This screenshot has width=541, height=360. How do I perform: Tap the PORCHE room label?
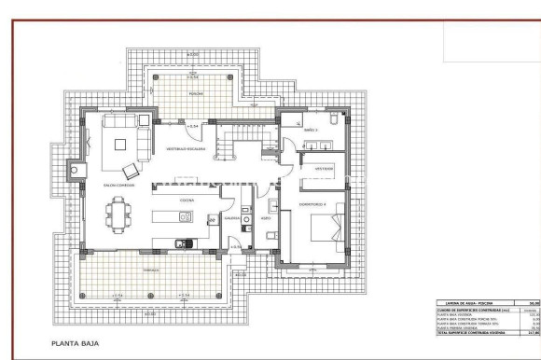click(196, 93)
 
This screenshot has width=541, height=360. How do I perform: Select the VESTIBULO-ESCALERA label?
click(186, 149)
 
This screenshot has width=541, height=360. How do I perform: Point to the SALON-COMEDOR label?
click(118, 185)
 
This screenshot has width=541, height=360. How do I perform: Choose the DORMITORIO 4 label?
click(312, 202)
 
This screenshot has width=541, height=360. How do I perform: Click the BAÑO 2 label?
click(311, 130)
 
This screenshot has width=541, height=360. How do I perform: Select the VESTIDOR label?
click(323, 169)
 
